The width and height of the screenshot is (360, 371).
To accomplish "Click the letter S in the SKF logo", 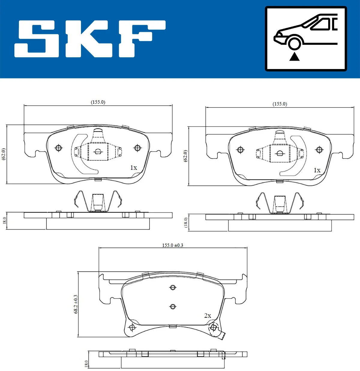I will point(37,39).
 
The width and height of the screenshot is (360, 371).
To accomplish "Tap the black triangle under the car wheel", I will point(294,56).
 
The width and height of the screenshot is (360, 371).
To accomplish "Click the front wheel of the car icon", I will point(294,43).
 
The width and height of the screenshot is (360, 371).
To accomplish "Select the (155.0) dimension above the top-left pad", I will point(98,102).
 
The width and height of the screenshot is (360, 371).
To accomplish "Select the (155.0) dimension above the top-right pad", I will point(280,104).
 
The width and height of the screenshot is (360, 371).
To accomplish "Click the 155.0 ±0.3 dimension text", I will point(172,245).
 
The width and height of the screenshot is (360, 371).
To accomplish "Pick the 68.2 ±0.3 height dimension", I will point(76,304).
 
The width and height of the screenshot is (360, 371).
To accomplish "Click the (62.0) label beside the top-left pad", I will point(4,154).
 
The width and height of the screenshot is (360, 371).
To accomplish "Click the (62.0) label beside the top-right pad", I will point(185,156).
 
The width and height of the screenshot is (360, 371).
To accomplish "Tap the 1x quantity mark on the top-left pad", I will point(133,167).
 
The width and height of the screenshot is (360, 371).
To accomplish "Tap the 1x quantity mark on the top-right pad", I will point(317,170).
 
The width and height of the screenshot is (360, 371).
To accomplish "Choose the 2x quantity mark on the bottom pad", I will point(208,315).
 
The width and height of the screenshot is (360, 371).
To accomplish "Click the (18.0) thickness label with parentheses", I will point(186,223).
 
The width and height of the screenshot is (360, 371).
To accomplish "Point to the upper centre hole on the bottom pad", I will point(173,288).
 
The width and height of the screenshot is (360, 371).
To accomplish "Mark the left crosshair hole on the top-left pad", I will point(59,148).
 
